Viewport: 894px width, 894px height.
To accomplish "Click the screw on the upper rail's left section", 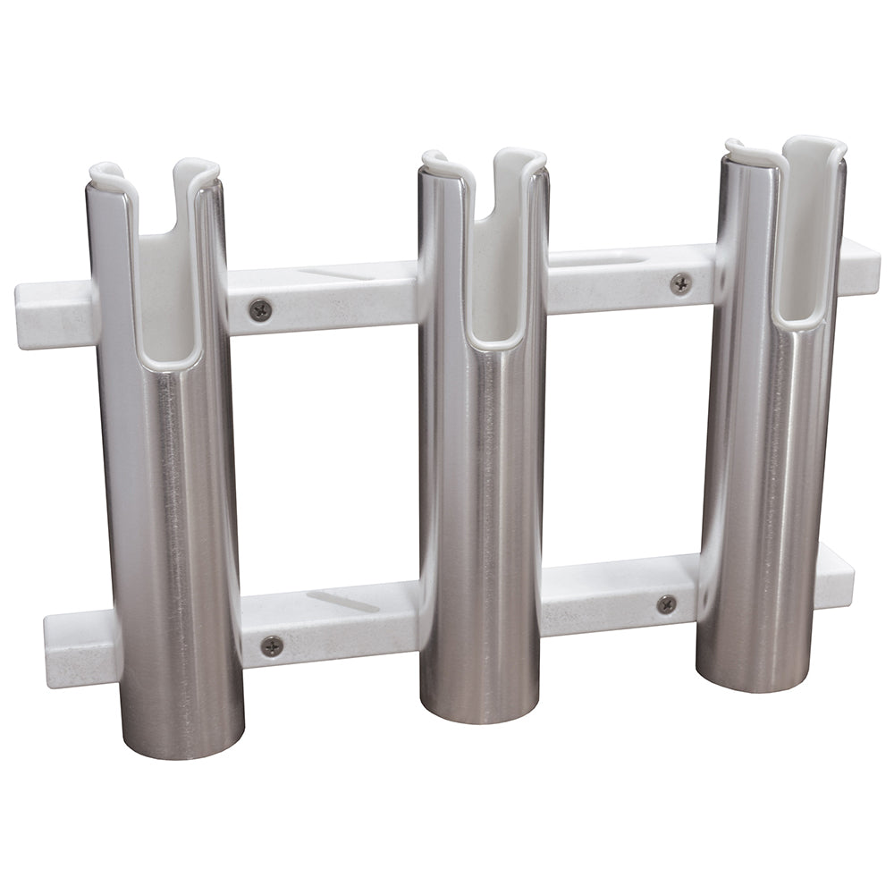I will [x=260, y=310].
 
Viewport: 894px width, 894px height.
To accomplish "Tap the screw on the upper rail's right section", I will [x=680, y=283].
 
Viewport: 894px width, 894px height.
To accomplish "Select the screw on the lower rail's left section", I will [x=272, y=644].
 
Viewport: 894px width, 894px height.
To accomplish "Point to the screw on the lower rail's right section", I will [x=666, y=603].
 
